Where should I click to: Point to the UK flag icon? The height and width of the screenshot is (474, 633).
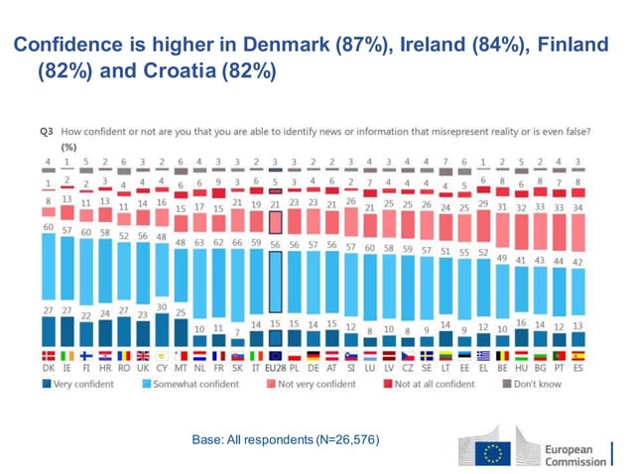pyautogui.click(x=144, y=354)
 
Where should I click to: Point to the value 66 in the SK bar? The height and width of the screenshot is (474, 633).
pyautogui.click(x=237, y=241)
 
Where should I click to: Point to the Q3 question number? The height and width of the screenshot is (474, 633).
pyautogui.click(x=46, y=131)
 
